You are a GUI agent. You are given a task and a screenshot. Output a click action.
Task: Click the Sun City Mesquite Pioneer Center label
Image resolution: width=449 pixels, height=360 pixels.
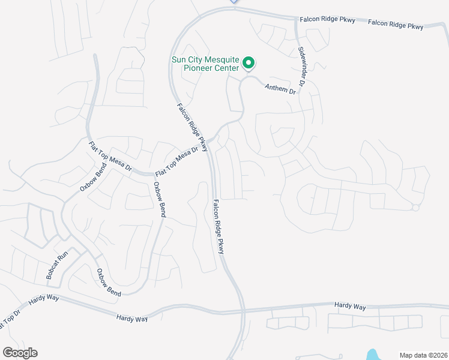[x=205, y=64]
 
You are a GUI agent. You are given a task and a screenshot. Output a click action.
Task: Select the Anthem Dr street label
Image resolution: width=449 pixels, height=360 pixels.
[x=281, y=88]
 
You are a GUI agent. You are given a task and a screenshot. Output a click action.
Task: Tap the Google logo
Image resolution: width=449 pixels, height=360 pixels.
[x=20, y=353]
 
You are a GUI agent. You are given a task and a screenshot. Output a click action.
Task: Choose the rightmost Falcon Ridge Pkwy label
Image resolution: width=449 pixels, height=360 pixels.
[x=396, y=25]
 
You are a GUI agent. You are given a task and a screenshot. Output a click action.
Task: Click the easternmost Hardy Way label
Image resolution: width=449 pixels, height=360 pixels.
[x=351, y=307]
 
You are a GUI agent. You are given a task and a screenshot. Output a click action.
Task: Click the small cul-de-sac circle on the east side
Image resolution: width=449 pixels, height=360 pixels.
[x=415, y=208]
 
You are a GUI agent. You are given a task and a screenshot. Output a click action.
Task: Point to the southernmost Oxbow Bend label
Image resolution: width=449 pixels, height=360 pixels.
[x=109, y=282]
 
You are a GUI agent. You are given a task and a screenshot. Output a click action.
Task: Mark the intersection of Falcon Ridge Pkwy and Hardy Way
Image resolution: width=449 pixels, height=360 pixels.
[x=243, y=311]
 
